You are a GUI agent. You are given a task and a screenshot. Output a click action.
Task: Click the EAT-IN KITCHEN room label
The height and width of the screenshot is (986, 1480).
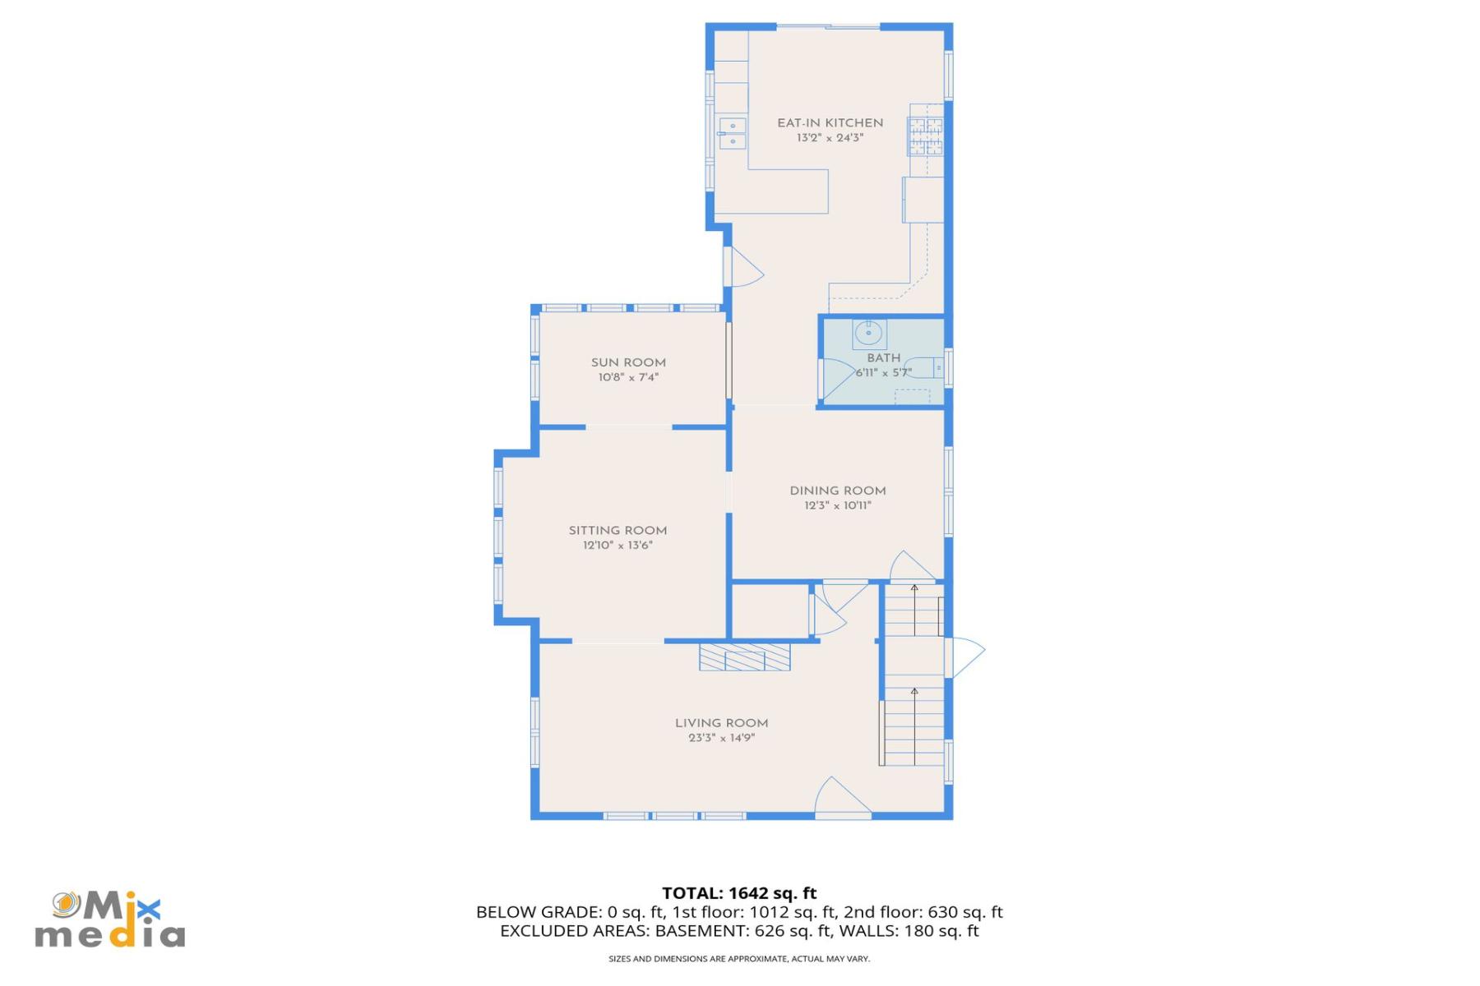click(830, 123)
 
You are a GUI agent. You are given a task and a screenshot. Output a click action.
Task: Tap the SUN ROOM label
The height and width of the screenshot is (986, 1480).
click(628, 362)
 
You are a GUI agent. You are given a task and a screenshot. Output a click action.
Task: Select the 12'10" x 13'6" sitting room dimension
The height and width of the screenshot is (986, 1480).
click(617, 546)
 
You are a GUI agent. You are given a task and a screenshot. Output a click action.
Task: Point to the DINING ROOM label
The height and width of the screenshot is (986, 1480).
click(837, 491)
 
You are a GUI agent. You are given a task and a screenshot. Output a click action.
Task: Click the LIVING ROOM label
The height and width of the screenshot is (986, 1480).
click(721, 723)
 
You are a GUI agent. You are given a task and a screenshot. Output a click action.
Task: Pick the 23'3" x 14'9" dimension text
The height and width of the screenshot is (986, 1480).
click(721, 738)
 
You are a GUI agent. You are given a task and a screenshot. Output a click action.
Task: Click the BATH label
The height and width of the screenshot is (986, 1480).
click(883, 358)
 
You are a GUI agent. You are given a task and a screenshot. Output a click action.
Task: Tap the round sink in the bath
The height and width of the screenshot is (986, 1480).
click(868, 334)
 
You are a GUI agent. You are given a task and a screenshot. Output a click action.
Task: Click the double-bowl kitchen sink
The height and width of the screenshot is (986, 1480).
click(732, 134)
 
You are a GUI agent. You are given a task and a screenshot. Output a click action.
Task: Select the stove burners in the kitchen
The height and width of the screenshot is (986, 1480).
click(925, 136)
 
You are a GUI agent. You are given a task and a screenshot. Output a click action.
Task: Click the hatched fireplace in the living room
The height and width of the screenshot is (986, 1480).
click(744, 657)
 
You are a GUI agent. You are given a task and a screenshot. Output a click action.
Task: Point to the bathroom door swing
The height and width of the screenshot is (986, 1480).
click(836, 380)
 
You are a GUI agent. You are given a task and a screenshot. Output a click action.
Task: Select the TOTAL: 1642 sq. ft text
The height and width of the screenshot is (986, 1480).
click(739, 893)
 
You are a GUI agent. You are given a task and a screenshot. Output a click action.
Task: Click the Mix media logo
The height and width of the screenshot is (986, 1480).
click(109, 920)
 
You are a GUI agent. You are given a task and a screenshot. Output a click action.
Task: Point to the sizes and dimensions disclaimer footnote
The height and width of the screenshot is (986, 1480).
click(739, 959)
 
